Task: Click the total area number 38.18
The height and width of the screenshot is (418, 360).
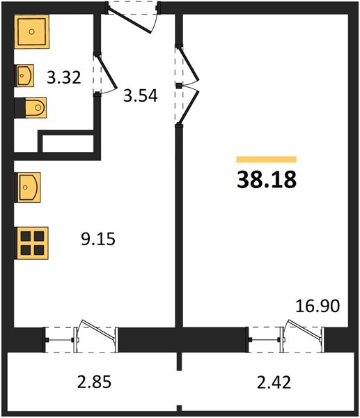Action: [x=267, y=180]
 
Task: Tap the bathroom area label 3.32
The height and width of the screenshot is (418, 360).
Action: [x=63, y=77]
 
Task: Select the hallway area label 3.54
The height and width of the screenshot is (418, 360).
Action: [x=141, y=95]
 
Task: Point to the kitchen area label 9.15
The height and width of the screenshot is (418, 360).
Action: [x=98, y=238]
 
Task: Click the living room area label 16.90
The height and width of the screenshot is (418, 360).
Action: [x=318, y=306]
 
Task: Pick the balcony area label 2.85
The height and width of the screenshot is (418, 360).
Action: [x=94, y=382]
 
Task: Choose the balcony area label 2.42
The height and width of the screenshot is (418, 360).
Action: [x=274, y=382]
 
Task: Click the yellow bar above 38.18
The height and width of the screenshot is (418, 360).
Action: [x=267, y=159]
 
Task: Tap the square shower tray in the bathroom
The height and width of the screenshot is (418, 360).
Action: [x=32, y=32]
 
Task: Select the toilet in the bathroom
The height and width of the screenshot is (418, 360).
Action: [x=30, y=108]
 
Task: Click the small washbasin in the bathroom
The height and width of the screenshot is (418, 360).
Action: [x=24, y=75]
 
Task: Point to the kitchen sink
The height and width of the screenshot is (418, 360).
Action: [x=27, y=187]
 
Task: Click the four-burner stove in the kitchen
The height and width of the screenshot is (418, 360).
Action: [x=32, y=243]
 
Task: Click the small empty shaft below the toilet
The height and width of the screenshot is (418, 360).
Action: [x=68, y=144]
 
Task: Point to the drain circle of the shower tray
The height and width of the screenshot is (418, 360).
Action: [x=32, y=32]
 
